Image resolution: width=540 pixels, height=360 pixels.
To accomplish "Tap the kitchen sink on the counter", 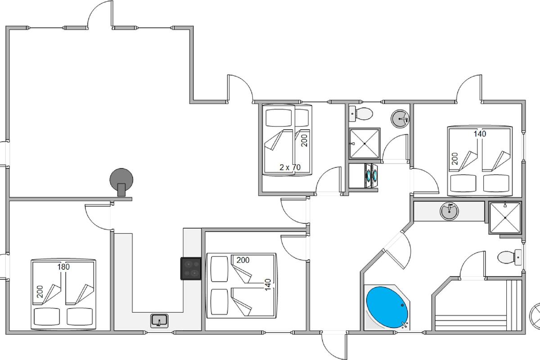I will (159, 321).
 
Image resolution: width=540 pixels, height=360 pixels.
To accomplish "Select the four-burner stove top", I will (191, 268).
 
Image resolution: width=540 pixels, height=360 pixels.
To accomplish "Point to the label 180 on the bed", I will (63, 267).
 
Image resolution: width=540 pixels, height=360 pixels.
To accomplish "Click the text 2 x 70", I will (290, 167).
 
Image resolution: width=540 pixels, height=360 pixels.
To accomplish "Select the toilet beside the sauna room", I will (508, 258).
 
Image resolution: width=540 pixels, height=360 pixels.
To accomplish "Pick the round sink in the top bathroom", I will (400, 119).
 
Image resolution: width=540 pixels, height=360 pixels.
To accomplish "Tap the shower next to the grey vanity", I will (505, 218).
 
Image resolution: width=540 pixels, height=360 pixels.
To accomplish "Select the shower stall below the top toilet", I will (364, 143).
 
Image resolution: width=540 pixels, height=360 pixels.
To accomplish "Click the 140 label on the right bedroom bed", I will (480, 134).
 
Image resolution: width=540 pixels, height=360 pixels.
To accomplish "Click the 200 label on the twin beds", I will (304, 140).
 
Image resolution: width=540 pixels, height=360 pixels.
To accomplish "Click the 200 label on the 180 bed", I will (40, 292).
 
